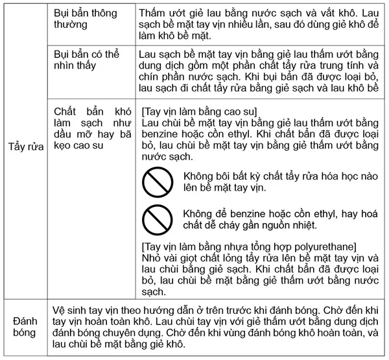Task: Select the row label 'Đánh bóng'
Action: (x=25, y=328)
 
